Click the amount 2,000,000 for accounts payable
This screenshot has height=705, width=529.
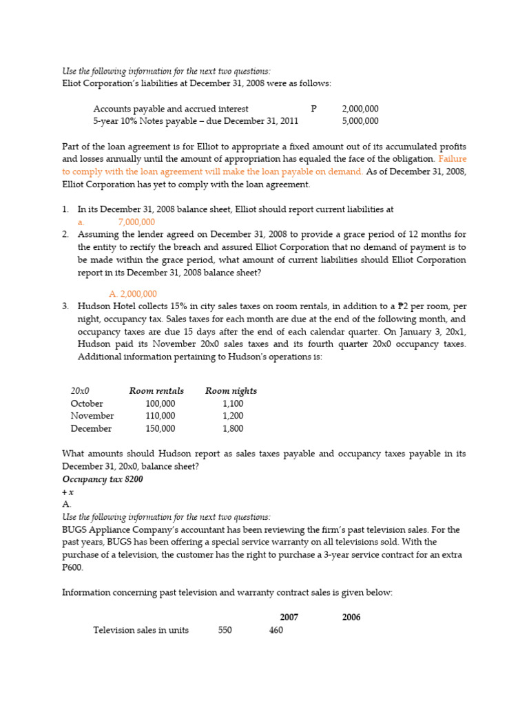click(360, 109)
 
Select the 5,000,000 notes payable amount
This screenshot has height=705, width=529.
click(360, 121)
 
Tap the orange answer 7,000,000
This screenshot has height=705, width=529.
click(136, 222)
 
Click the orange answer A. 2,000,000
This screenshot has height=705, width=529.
click(133, 293)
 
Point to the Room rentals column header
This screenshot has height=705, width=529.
click(156, 391)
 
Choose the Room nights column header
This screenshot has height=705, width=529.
click(231, 391)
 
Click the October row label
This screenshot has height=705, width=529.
click(87, 403)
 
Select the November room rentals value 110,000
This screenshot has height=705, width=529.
click(160, 416)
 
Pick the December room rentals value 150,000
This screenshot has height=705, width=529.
click(160, 428)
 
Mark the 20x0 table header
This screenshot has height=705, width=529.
click(81, 391)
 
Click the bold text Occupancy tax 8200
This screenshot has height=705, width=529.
click(103, 479)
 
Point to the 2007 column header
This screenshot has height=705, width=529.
click(289, 617)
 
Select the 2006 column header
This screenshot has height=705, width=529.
click(351, 617)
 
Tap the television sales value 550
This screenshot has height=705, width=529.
click(225, 630)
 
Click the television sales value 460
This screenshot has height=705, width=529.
click(276, 630)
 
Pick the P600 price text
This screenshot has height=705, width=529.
click(72, 567)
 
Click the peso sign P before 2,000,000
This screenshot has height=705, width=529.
click(313, 109)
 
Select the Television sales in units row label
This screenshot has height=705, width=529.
click(141, 630)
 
